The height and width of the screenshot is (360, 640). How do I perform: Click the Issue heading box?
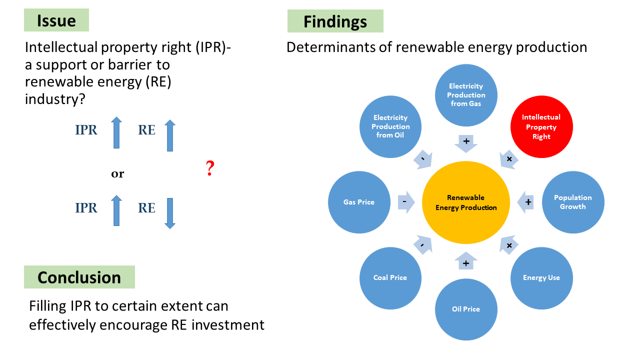pyautogui.click(x=56, y=20)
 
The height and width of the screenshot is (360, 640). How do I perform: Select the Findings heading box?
pyautogui.click(x=335, y=21)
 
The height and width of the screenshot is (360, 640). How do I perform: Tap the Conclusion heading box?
pyautogui.click(x=79, y=277)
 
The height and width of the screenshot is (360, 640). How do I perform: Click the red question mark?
pyautogui.click(x=210, y=169)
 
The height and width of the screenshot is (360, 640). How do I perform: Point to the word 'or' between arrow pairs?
pyautogui.click(x=117, y=174)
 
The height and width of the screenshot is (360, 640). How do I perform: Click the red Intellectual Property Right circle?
pyautogui.click(x=541, y=126)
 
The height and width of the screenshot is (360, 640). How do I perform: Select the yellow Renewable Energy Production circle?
pyautogui.click(x=466, y=202)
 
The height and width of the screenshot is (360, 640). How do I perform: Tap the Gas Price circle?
pyautogui.click(x=359, y=202)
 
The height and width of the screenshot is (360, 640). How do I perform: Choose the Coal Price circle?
pyautogui.click(x=390, y=277)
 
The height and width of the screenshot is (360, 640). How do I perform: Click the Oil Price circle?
pyautogui.click(x=466, y=309)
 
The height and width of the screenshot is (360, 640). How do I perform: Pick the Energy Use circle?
pyautogui.click(x=541, y=277)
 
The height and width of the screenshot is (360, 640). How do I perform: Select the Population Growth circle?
pyautogui.click(x=573, y=202)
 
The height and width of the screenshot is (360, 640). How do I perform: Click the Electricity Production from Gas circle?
pyautogui.click(x=466, y=94)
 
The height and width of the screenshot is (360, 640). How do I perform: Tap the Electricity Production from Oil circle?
pyautogui.click(x=390, y=126)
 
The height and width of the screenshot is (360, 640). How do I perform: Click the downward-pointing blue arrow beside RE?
pyautogui.click(x=170, y=213)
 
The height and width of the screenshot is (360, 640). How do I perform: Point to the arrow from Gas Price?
pyautogui.click(x=405, y=202)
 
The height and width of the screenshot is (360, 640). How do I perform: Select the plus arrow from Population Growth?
pyautogui.click(x=526, y=202)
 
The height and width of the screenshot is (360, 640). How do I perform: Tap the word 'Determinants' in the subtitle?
pyautogui.click(x=338, y=47)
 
